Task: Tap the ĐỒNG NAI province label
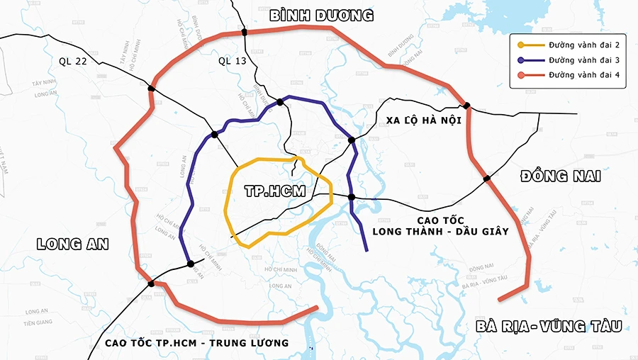click(560, 176)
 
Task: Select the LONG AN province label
click(72, 244)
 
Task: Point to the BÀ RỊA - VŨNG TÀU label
click(549, 327)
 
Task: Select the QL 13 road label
click(233, 61)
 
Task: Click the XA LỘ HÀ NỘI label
click(424, 120)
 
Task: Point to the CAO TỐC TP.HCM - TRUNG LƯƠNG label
click(196, 343)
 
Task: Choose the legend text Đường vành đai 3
click(583, 60)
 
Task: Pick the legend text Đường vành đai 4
click(583, 74)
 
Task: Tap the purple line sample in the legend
click(531, 60)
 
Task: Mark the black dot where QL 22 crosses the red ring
click(151, 89)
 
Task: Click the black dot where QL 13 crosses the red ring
click(244, 33)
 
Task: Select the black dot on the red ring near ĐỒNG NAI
click(487, 179)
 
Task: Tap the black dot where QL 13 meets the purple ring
click(281, 102)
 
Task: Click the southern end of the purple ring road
click(366, 249)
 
